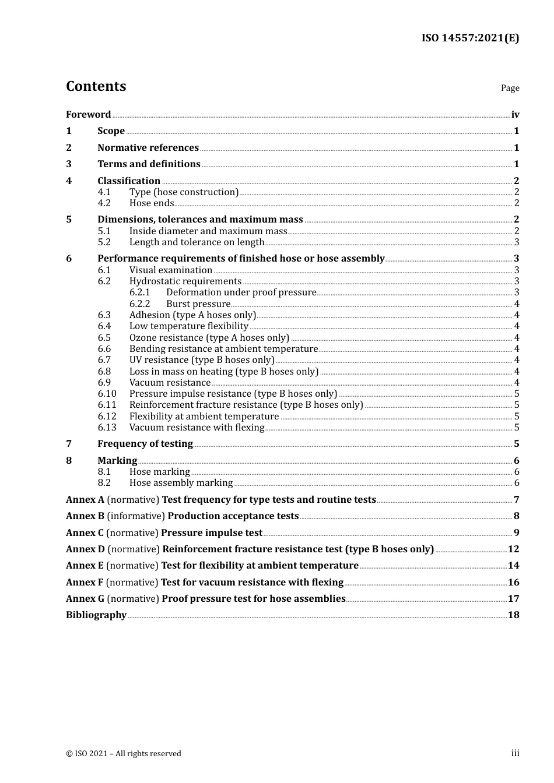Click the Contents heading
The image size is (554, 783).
[96, 86]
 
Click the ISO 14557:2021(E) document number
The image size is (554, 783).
[470, 38]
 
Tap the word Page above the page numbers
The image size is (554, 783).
[510, 88]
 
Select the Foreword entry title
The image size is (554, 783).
[88, 115]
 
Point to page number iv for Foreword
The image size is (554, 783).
[515, 115]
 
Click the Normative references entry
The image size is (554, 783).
[148, 148]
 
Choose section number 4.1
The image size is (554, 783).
[104, 192]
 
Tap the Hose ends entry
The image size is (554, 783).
[152, 203]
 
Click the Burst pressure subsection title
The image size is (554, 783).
[198, 304]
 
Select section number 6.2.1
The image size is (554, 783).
[139, 292]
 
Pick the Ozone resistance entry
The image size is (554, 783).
[209, 338]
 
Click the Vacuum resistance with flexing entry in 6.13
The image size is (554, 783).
[197, 428]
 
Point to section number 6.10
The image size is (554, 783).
[107, 394]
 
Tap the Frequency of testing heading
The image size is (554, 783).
[145, 444]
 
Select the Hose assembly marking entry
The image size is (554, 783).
[181, 483]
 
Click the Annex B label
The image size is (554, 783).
[85, 516]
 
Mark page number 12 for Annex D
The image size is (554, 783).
[513, 549]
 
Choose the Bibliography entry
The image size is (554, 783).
[96, 615]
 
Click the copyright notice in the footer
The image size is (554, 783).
[124, 754]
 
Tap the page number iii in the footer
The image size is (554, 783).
[515, 753]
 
